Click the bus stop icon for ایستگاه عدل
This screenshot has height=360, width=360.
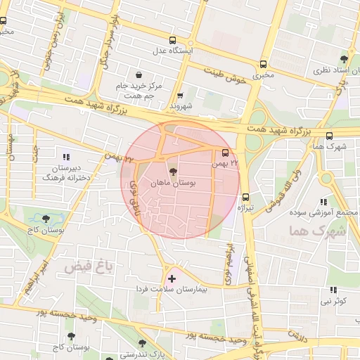[173, 40]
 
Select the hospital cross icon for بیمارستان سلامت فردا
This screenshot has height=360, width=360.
[172, 279]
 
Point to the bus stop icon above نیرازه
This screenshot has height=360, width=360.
[245, 197]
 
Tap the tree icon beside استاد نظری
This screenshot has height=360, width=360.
[343, 59]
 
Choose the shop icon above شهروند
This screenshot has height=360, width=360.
[181, 95]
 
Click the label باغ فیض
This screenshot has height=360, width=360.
[89, 267]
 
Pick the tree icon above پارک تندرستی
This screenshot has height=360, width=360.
[142, 343]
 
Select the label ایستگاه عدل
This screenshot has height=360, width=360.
[173, 51]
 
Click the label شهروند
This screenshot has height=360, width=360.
[181, 105]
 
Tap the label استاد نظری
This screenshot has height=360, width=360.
[330, 72]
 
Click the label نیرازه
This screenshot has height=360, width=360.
[245, 208]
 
